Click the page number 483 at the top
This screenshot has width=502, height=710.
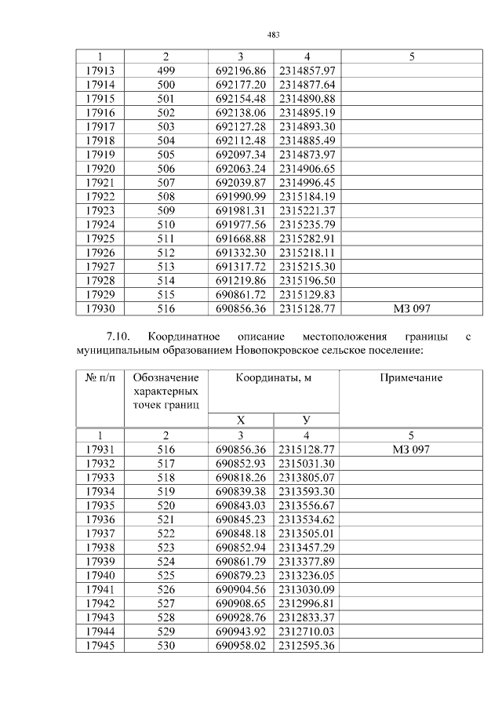click(274, 35)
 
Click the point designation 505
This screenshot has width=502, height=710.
click(166, 154)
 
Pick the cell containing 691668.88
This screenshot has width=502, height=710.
click(241, 238)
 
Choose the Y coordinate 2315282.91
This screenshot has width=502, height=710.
click(307, 238)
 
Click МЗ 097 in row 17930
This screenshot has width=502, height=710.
click(412, 309)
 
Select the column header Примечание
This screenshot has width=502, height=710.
click(412, 378)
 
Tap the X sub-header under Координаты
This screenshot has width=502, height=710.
click(241, 420)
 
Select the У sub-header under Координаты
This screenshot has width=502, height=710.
click(307, 420)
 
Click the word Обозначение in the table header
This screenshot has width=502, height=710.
click(166, 378)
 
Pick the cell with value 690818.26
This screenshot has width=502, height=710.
click(241, 477)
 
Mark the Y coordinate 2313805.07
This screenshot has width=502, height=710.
click(307, 477)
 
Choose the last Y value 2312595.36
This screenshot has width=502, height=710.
click(307, 645)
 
